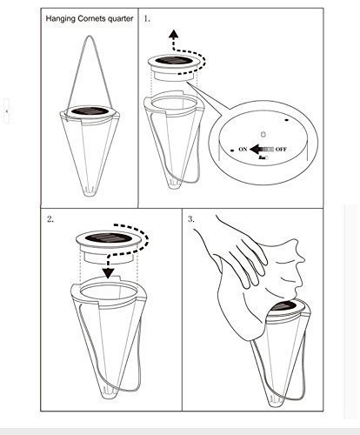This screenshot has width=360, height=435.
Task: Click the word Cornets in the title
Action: point(91,18)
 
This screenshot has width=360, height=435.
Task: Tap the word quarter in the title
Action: point(120,19)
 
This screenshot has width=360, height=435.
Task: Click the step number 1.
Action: point(147,19)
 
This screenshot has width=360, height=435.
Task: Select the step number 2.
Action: point(50,219)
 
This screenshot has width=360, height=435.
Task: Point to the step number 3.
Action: point(191,219)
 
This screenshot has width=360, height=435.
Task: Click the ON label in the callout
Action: point(243,149)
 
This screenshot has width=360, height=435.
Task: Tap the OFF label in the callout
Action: point(281,150)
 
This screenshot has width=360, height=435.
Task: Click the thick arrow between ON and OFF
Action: point(262,150)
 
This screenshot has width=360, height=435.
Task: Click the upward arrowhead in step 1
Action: point(174,34)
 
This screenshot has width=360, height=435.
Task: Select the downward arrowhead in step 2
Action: point(109,273)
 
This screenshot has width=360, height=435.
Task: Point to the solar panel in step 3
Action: point(286,306)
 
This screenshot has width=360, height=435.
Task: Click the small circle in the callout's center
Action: point(263,134)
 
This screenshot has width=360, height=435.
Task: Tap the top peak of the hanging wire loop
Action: point(90,36)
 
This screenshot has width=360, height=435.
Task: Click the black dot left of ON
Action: point(232,151)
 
